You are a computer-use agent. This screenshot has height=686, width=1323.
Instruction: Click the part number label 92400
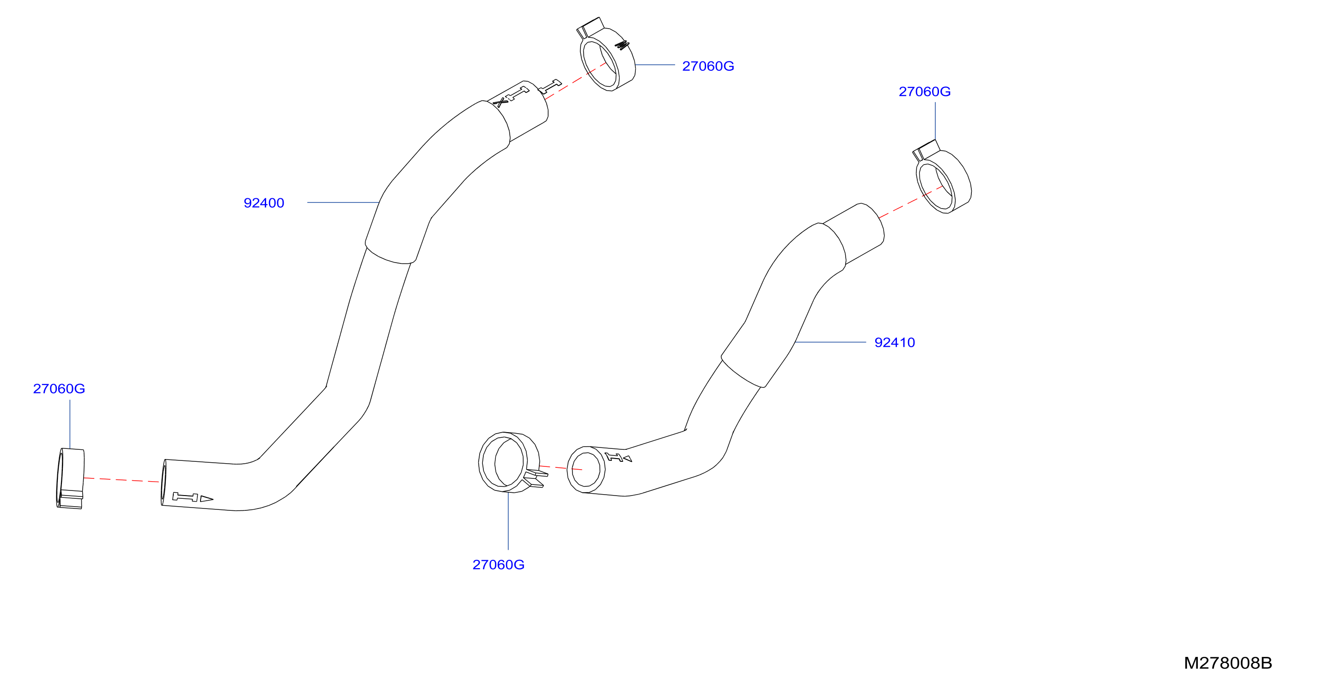pyautogui.click(x=263, y=203)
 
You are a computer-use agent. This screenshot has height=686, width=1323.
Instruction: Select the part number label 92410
pyautogui.click(x=895, y=343)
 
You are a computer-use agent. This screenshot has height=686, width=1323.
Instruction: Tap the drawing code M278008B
pyautogui.click(x=1228, y=663)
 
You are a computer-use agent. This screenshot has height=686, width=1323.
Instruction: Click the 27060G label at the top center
pyautogui.click(x=708, y=66)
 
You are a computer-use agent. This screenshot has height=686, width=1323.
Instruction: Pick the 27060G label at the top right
pyautogui.click(x=925, y=92)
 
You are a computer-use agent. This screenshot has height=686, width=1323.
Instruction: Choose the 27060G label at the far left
pyautogui.click(x=59, y=389)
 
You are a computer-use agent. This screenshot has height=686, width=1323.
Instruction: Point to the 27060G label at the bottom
pyautogui.click(x=498, y=565)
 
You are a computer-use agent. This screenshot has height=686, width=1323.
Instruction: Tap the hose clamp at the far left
pyautogui.click(x=70, y=478)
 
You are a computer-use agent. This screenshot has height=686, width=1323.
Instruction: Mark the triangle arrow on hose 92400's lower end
pyautogui.click(x=207, y=498)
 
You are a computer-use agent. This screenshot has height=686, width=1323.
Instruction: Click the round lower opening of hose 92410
pyautogui.click(x=586, y=470)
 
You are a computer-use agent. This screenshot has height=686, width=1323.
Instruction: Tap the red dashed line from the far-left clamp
pyautogui.click(x=122, y=480)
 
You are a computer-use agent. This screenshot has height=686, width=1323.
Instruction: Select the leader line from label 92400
pyautogui.click(x=343, y=202)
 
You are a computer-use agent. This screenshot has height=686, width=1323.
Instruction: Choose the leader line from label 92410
pyautogui.click(x=830, y=342)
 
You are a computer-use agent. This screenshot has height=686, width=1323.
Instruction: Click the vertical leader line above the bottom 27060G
pyautogui.click(x=508, y=521)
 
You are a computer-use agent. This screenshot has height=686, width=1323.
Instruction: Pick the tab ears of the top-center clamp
pyautogui.click(x=589, y=28)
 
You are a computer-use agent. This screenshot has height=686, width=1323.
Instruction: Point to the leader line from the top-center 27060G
pyautogui.click(x=655, y=65)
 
